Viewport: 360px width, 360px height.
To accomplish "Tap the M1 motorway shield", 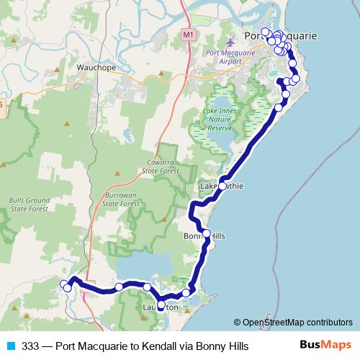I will point(189,35).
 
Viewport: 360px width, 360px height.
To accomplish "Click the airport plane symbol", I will point(231,42).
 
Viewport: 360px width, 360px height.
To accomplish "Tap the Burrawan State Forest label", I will point(121,199).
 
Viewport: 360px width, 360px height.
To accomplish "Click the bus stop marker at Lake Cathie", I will point(222,186).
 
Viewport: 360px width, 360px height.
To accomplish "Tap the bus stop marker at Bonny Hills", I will point(207,233).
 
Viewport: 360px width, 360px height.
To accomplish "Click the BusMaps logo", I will point(325,346).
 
